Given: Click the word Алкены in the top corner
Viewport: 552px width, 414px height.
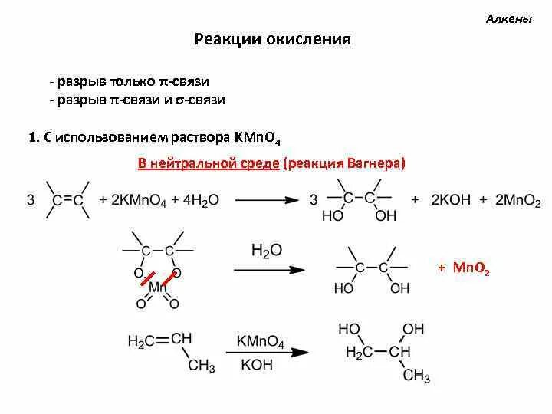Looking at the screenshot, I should [x=509, y=20].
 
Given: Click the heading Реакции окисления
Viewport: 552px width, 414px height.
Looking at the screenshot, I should [x=273, y=39].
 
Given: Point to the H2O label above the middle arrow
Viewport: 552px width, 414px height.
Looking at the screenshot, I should [x=267, y=250].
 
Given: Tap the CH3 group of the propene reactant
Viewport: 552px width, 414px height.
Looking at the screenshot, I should [x=200, y=366].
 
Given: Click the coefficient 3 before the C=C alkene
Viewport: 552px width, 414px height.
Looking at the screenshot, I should [x=31, y=200].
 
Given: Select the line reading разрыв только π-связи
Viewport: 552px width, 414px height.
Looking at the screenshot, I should [x=133, y=81].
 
